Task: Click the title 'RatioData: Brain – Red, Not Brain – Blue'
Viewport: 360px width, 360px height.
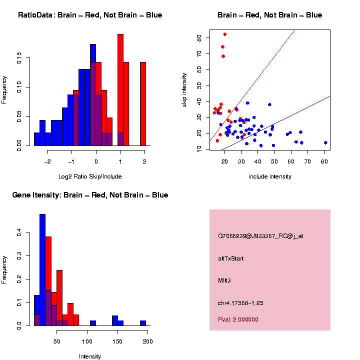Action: pos(90,15)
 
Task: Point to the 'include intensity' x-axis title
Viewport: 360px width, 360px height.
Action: pos(269,176)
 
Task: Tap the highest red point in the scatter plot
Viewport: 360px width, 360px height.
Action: pos(225,34)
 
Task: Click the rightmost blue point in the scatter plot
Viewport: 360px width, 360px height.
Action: pos(325,142)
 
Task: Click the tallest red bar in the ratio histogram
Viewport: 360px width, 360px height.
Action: pos(120,90)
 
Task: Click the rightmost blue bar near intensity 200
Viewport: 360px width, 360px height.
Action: pos(143,323)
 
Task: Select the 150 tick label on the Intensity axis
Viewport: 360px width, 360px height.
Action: pos(118,341)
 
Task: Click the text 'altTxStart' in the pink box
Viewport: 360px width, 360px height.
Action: pos(230,258)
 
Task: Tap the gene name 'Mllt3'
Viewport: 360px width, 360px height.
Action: pos(224,280)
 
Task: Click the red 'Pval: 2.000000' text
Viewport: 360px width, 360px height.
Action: pos(238,319)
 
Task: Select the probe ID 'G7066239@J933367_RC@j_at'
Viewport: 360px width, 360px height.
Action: pos(260,236)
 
